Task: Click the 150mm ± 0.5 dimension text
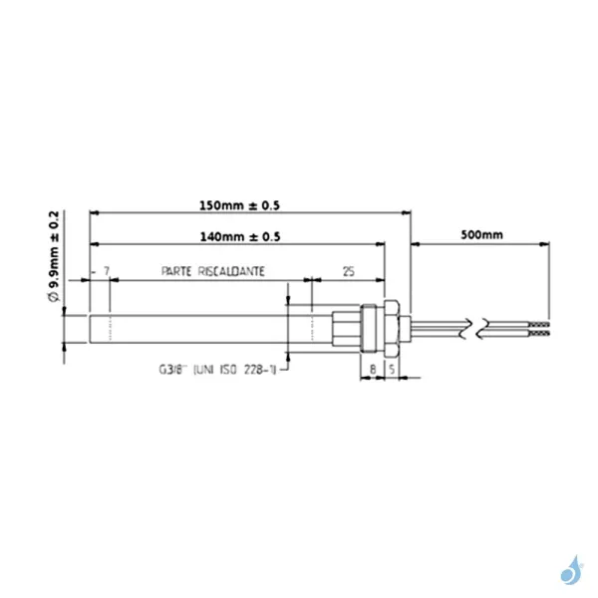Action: pyautogui.click(x=239, y=205)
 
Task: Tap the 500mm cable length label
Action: pyautogui.click(x=481, y=236)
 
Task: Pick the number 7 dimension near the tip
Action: pyautogui.click(x=106, y=271)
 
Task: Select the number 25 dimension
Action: pyautogui.click(x=348, y=271)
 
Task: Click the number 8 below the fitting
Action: pyautogui.click(x=373, y=368)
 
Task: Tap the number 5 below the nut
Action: pyautogui.click(x=392, y=368)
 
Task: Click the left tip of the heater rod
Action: pyautogui.click(x=93, y=326)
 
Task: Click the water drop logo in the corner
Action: pyautogui.click(x=571, y=570)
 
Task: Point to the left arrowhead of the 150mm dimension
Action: pyautogui.click(x=94, y=212)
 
